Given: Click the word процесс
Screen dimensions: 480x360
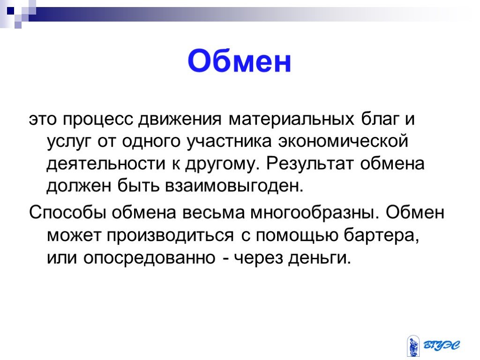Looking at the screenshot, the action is tap(98, 120).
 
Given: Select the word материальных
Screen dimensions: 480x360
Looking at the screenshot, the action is tap(292, 120).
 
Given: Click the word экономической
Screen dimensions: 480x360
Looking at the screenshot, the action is tap(343, 141).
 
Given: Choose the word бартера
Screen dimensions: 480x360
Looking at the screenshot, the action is tap(381, 235).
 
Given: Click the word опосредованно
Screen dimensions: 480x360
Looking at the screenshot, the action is tap(150, 258).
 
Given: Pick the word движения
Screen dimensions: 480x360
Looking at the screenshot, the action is tap(180, 119).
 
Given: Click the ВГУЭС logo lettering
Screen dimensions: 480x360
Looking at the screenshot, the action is tap(442, 345).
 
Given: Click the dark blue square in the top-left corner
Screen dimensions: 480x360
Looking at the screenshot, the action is tap(11, 11).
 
